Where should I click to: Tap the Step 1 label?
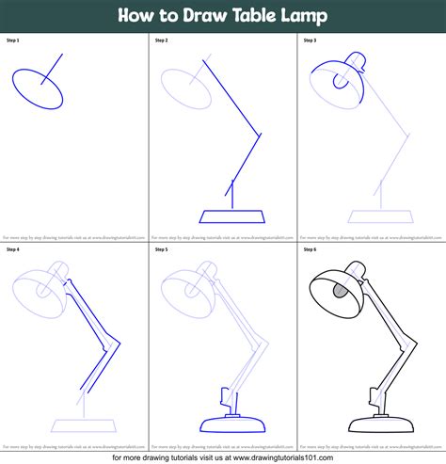tap(12, 40)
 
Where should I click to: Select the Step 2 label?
tap(162, 40)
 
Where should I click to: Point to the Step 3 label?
tap(310, 40)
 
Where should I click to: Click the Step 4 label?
tap(12, 250)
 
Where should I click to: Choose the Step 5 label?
tap(162, 250)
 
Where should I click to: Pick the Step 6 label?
tap(310, 250)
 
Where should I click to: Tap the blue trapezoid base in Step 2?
tap(229, 217)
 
